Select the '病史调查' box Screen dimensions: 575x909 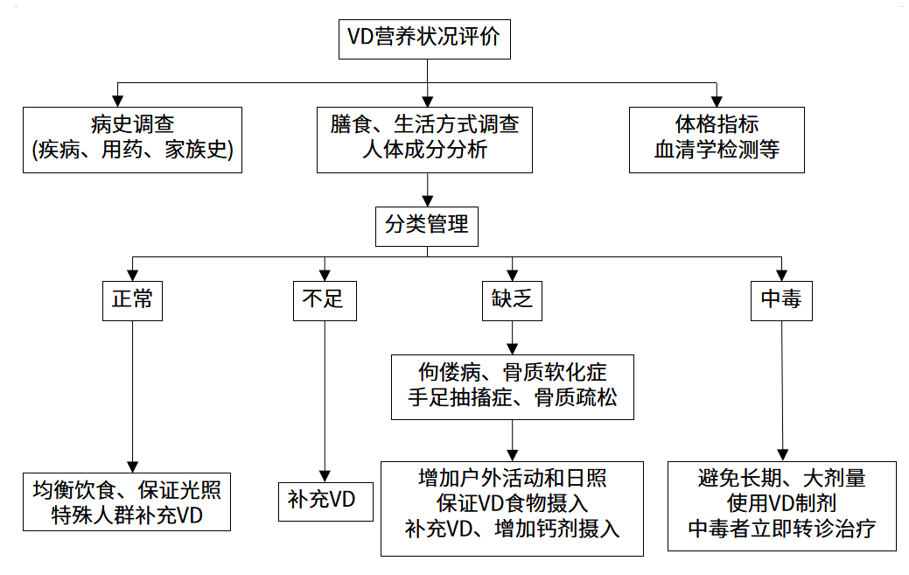132,139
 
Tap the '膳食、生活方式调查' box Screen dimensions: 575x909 424,139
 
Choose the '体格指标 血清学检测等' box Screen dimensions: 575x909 717,139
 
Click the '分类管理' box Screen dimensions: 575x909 426,225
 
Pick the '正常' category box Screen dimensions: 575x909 132,299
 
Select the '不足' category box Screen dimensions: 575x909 324,299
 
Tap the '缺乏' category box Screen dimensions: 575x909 513,299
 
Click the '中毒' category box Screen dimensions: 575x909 781,299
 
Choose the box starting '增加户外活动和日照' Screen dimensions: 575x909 513,508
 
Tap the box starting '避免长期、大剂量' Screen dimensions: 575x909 781,506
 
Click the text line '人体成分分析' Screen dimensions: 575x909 424,151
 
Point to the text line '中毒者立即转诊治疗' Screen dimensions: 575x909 781,529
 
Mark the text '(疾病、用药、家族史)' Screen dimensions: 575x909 132,151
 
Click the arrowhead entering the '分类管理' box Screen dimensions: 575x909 426,200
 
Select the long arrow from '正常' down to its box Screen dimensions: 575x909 132,394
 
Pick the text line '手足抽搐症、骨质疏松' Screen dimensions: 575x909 513,398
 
